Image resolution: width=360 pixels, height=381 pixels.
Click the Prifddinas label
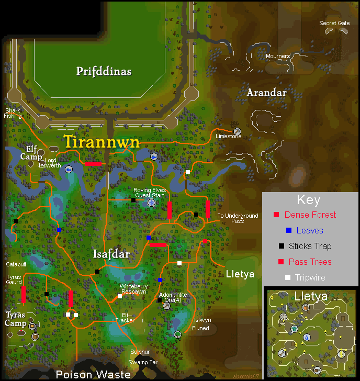tap(103, 71)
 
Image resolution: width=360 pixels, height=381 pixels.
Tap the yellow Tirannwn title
tap(102, 142)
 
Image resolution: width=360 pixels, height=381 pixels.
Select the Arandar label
tap(266, 93)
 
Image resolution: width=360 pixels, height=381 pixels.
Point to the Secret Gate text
tap(334, 23)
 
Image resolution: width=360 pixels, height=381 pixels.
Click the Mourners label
tap(277, 56)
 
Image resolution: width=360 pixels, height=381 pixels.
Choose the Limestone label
tap(229, 137)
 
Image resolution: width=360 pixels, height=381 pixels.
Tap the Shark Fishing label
tap(13, 113)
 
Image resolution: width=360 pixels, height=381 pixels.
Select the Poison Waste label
tap(93, 374)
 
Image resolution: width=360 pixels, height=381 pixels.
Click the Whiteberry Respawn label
tap(133, 289)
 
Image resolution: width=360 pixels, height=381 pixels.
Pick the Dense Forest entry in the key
tap(310, 215)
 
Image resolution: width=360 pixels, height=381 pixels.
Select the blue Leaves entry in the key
tap(310, 230)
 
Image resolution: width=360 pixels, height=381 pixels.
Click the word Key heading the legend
tap(308, 199)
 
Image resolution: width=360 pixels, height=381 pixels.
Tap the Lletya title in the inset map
tap(311, 297)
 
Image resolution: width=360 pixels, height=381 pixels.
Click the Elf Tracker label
tap(125, 317)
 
